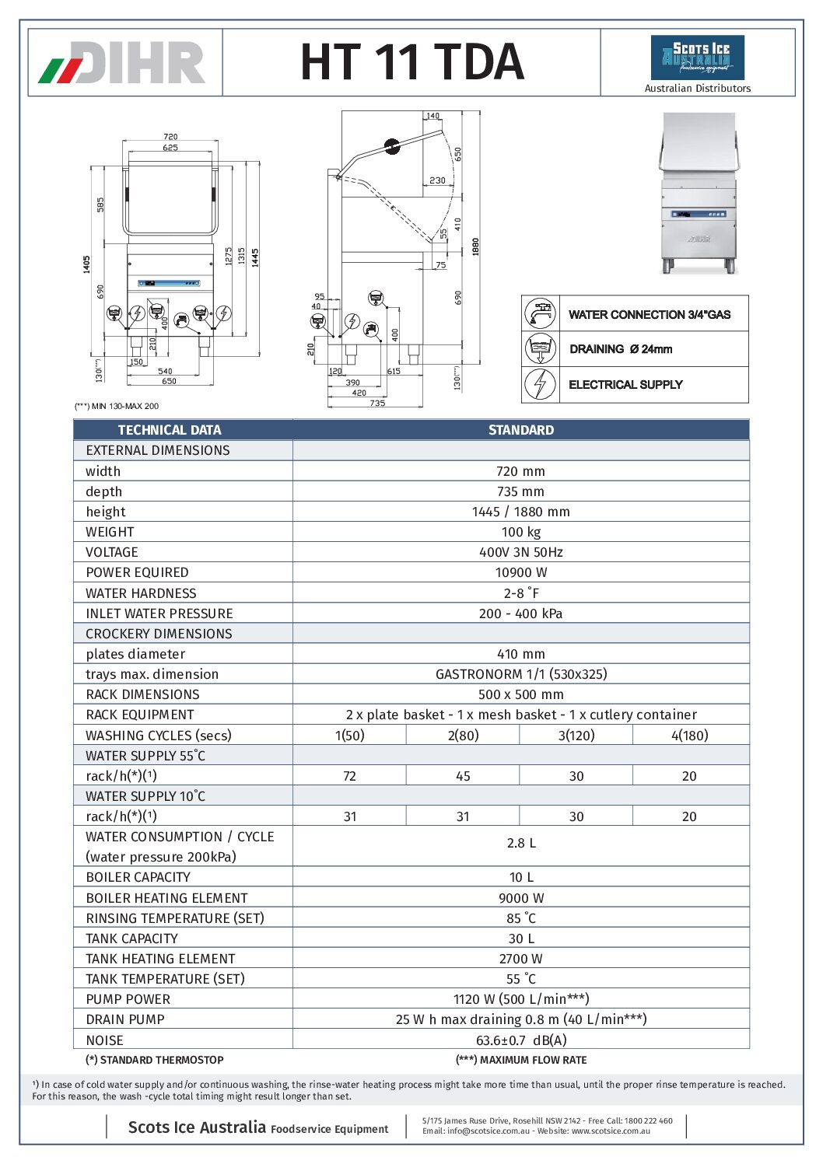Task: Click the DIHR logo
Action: pos(123,63)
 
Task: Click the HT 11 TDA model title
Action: pos(411,62)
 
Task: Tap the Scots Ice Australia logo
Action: pos(697,58)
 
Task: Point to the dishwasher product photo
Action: pos(698,194)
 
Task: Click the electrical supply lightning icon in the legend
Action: pos(540,384)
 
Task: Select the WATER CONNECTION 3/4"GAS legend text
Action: pos(649,315)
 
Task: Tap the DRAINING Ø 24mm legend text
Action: pos(621,349)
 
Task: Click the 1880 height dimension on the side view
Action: pos(475,246)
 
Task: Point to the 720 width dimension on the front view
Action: pos(170,137)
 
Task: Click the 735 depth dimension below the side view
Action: pos(377,404)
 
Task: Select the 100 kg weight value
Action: pos(520,532)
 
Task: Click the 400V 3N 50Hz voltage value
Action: pos(520,552)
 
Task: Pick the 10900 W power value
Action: pos(520,572)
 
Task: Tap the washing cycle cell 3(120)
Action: pos(576,736)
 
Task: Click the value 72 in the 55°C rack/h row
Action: pos(349,776)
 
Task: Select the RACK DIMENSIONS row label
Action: pos(142,694)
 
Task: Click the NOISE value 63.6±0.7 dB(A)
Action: pos(520,1040)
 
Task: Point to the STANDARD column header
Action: pos(520,430)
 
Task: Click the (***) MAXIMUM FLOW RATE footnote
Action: pos(520,1060)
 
